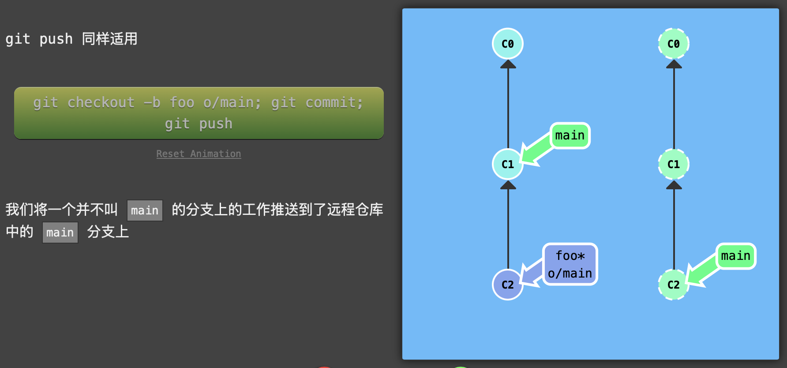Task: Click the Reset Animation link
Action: click(199, 154)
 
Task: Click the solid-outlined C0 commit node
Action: click(508, 44)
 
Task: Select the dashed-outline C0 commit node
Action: click(674, 44)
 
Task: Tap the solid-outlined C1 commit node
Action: click(508, 164)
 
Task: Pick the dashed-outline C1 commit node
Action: click(674, 164)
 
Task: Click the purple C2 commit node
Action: click(508, 285)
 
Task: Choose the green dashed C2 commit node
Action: click(674, 285)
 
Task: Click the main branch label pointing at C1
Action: click(570, 135)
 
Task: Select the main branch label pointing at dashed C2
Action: click(735, 256)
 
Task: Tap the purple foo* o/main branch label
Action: click(570, 264)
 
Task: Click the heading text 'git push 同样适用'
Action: click(71, 39)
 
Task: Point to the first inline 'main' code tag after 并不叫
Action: click(145, 210)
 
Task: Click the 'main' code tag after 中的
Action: click(60, 233)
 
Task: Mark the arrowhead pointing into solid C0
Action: click(508, 64)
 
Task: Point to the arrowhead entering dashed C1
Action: click(674, 185)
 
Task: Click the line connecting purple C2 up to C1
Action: click(508, 229)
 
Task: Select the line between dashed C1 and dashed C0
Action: click(674, 108)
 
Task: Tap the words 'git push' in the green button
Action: click(199, 124)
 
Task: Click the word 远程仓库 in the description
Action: click(355, 209)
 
